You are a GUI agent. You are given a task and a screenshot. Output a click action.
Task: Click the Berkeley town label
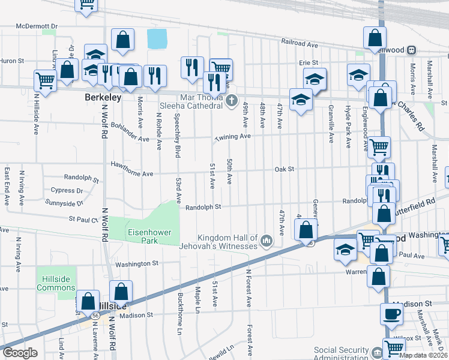103,97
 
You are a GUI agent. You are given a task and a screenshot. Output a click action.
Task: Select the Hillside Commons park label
56,283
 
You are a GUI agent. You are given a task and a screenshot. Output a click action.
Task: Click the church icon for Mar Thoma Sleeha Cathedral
233,101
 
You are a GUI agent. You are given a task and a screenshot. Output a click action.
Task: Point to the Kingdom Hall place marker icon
267,242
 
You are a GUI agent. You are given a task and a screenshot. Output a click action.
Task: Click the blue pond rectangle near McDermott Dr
157,40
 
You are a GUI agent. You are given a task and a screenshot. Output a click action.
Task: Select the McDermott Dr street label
37,26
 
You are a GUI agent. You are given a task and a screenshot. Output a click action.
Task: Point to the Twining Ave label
232,137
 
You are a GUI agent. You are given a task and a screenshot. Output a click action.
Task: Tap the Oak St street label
284,169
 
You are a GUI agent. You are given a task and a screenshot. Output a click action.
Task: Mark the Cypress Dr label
66,190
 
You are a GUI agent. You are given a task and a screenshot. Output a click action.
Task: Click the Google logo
20,352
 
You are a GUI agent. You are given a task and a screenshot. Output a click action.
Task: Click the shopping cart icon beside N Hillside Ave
45,79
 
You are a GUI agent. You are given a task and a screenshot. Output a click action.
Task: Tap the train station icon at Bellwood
412,50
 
